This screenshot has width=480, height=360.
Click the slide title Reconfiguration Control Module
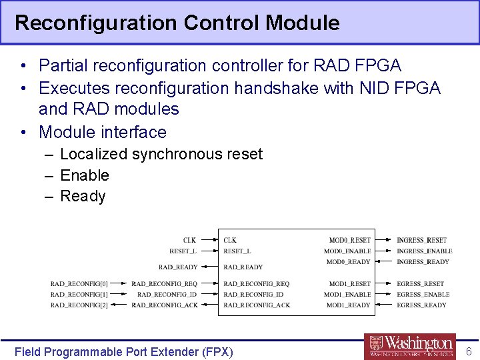pos(177,23)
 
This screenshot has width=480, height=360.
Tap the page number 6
pos(468,351)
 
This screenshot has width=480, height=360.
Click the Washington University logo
pos(410,346)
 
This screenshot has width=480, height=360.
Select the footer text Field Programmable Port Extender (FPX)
pos(124,351)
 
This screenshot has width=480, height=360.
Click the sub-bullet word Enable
pos(84,175)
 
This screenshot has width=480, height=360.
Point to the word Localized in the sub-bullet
pos(93,154)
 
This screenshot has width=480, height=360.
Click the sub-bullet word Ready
pos(83,197)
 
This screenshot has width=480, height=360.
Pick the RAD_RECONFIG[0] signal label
pos(79,284)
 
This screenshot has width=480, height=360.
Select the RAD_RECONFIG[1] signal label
pos(79,295)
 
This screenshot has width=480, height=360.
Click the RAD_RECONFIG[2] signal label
pos(79,305)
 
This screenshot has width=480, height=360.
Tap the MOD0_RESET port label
pos(349,240)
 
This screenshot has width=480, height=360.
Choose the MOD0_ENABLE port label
pos(347,251)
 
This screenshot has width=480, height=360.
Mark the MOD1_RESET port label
pos(349,284)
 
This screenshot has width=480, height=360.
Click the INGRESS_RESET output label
pos(421,240)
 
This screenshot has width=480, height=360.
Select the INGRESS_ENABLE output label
pos(424,251)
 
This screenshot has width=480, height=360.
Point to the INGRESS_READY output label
pos(423,262)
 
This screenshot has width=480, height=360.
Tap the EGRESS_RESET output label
pos(420,284)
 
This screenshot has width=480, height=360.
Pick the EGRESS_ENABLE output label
pos(423,295)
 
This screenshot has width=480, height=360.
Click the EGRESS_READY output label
pos(421,305)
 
